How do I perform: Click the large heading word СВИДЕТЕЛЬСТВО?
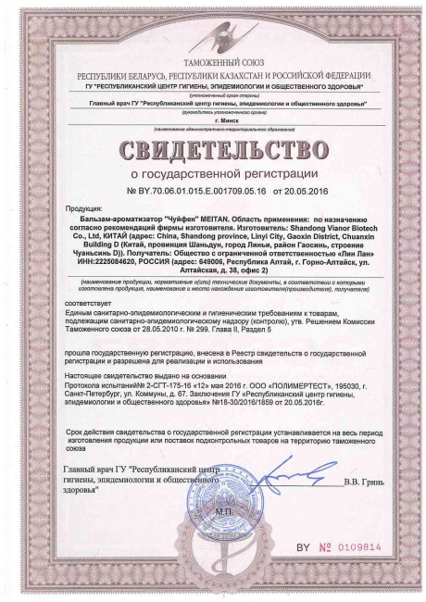click(213, 149)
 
